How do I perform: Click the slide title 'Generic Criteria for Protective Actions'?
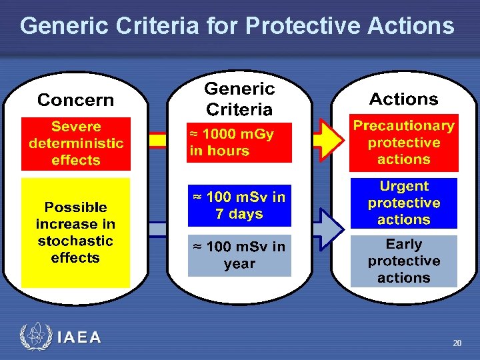click(x=237, y=27)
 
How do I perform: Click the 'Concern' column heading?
click(x=75, y=100)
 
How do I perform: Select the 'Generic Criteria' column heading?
click(x=239, y=99)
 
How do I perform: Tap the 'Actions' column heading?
click(x=403, y=99)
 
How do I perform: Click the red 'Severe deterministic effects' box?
click(x=75, y=143)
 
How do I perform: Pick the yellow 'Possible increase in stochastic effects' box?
click(x=75, y=232)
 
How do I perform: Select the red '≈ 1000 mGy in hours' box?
click(x=239, y=142)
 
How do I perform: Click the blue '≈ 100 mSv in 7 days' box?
click(x=239, y=205)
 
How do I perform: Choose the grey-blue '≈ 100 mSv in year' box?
click(x=239, y=255)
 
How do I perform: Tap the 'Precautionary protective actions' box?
click(x=403, y=143)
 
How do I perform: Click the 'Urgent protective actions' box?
click(x=403, y=203)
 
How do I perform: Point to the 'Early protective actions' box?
click(x=403, y=261)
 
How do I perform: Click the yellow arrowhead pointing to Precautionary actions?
click(x=331, y=139)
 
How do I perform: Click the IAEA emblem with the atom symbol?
click(x=35, y=337)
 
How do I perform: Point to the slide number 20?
click(x=457, y=343)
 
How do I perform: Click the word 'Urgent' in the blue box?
click(x=403, y=187)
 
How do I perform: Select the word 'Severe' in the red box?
click(x=75, y=127)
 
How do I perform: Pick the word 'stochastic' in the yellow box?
click(x=75, y=241)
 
